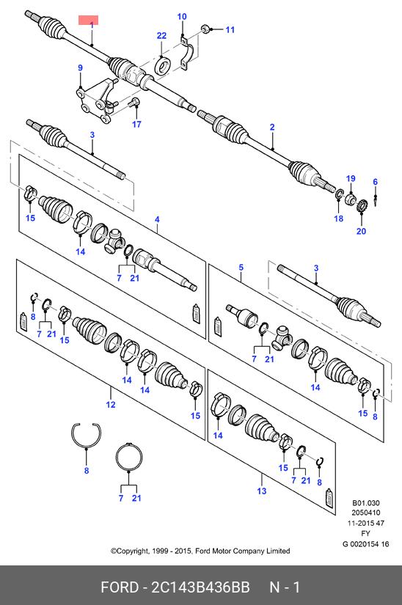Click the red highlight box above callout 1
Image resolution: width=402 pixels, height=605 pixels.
(x=88, y=20)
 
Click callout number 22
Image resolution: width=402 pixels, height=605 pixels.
(x=161, y=36)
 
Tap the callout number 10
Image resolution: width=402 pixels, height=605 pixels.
(x=182, y=17)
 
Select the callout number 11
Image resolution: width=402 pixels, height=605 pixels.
(x=230, y=30)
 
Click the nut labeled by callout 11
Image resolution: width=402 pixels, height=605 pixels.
(x=205, y=29)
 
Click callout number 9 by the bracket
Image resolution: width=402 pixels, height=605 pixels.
(x=80, y=68)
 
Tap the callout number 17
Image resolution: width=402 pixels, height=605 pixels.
(x=136, y=124)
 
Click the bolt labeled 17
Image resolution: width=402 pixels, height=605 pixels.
(x=135, y=102)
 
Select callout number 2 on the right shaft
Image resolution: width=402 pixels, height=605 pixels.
(x=272, y=127)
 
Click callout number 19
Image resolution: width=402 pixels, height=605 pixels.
(x=351, y=179)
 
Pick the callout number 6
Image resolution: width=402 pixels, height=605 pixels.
(x=375, y=182)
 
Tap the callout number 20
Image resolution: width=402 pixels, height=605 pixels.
(x=361, y=231)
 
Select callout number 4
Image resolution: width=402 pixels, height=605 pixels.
(x=157, y=219)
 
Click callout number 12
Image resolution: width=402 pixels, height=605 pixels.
(x=111, y=405)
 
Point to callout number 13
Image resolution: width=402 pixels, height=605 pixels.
(x=262, y=491)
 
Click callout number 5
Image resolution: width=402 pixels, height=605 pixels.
(x=241, y=267)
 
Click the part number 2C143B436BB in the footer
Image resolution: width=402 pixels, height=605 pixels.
(x=200, y=587)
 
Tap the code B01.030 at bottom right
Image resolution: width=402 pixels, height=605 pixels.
(x=366, y=503)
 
